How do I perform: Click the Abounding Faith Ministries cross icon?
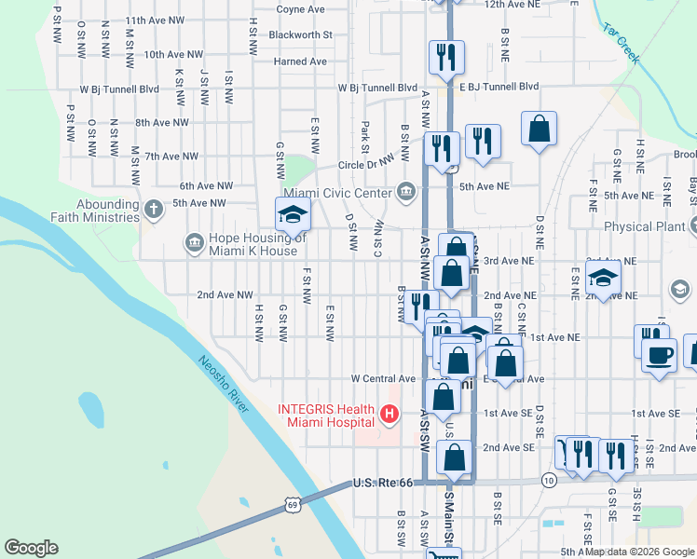(153, 210)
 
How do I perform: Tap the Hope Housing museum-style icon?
(194, 243)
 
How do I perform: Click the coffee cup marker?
(659, 356)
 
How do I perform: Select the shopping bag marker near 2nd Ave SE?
(455, 458)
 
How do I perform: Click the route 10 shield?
(550, 480)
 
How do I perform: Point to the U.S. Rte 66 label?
(382, 483)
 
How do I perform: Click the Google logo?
(32, 548)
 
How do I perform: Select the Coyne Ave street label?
(300, 9)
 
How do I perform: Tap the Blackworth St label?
(300, 34)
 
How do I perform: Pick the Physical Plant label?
(642, 226)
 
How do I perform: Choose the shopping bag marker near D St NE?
(539, 129)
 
